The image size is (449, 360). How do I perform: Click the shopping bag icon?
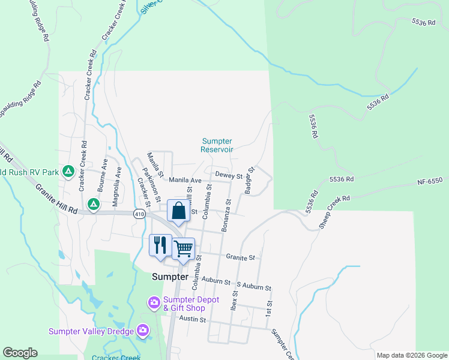(178, 211)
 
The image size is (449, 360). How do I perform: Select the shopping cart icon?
(183, 248)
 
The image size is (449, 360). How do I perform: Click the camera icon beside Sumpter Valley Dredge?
(143, 329)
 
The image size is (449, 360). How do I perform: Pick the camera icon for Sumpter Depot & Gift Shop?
(154, 302)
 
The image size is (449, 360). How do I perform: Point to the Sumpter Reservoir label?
(217, 145)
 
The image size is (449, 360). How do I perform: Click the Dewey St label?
(228, 176)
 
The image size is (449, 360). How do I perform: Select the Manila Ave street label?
(185, 180)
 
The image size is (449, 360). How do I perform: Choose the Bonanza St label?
(226, 215)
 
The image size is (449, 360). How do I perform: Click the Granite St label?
(241, 257)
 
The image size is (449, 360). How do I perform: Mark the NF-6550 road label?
(430, 181)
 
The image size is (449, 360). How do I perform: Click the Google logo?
(20, 353)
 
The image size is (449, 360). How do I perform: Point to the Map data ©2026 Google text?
(412, 355)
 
